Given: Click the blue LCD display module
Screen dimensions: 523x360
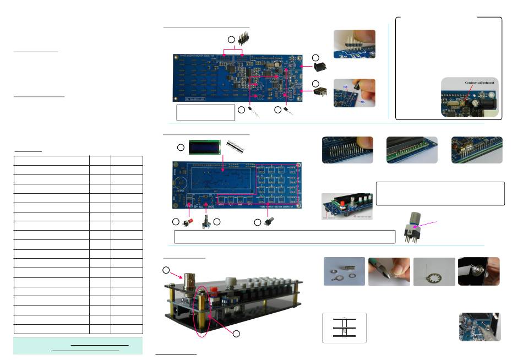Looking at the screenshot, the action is (204, 147).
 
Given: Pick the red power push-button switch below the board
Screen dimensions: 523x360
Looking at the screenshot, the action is (187, 222).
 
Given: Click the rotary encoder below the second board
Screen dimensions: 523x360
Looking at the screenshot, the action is (208, 224).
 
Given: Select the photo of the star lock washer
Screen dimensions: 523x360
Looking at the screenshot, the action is (434, 271).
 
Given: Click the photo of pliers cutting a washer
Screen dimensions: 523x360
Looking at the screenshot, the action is (389, 271).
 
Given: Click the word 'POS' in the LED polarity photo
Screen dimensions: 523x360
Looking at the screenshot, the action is (345, 87).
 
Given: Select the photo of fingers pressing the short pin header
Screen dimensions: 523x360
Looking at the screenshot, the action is (355, 44).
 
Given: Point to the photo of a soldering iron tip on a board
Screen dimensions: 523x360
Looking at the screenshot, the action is (479, 327).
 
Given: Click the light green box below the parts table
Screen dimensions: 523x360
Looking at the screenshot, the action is (78, 346).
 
